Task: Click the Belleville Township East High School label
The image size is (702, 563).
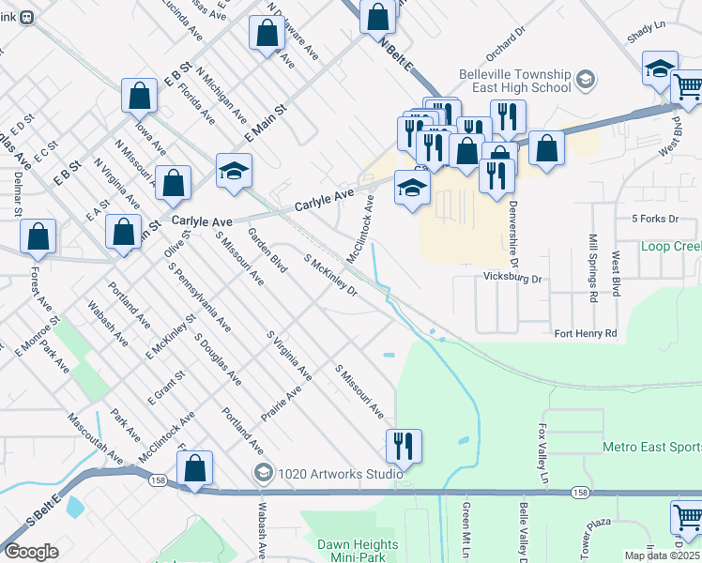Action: (515, 81)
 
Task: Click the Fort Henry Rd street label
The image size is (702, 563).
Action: (586, 333)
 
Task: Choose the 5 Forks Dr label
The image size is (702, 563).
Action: (655, 219)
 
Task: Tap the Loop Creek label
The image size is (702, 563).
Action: (670, 247)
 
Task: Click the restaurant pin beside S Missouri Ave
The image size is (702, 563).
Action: (404, 447)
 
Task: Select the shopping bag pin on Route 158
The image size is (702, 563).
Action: (194, 468)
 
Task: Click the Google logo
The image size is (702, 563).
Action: (31, 552)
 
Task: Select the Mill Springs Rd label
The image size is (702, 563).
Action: (593, 268)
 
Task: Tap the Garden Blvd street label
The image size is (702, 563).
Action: (267, 249)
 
